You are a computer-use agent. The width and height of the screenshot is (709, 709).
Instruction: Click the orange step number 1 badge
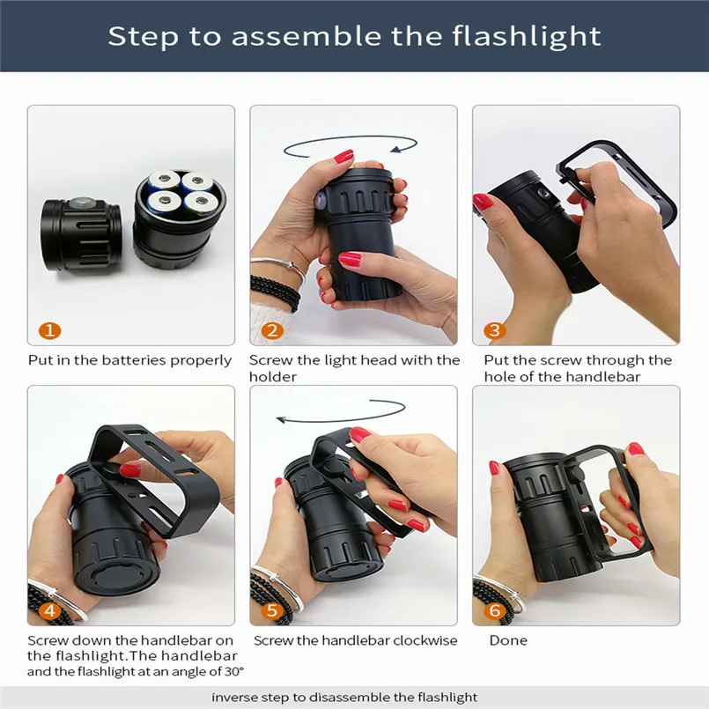(x=49, y=331)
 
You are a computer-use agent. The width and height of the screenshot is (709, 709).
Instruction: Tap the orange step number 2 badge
(x=272, y=331)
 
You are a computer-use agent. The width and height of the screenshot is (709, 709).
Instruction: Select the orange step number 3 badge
(x=495, y=331)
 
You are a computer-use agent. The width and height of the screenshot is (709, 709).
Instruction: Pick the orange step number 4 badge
(x=49, y=610)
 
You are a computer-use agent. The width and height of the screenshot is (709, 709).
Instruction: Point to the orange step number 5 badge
(x=272, y=610)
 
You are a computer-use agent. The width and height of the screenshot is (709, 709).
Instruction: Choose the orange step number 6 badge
(x=495, y=610)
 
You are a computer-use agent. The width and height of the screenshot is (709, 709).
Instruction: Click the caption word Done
(x=508, y=640)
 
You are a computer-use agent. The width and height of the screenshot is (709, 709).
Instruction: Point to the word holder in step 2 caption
(x=272, y=376)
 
